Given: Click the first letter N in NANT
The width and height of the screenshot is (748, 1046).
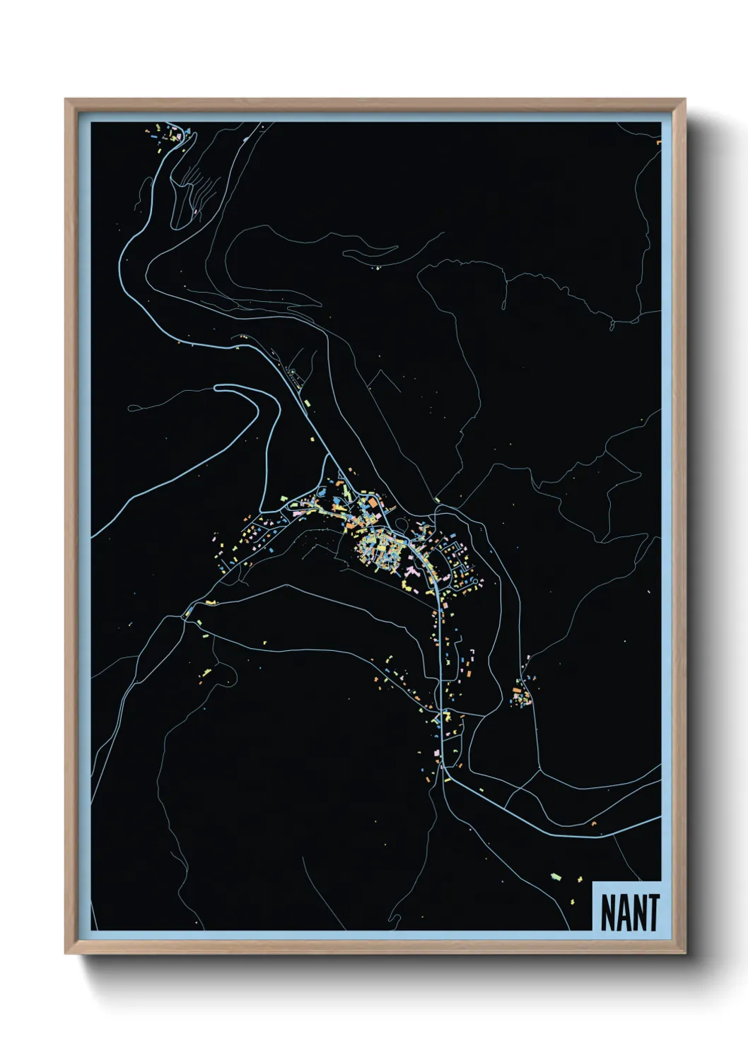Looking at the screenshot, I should tap(607, 912).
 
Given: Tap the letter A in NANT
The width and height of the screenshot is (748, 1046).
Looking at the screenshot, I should tap(621, 912).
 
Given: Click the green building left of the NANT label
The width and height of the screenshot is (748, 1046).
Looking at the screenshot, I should tap(556, 877).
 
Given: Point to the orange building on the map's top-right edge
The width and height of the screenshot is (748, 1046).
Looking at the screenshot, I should tap(658, 142).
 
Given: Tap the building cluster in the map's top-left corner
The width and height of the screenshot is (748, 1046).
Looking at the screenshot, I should tap(170, 134).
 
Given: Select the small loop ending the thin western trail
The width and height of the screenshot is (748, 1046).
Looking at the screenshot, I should tap(132, 408).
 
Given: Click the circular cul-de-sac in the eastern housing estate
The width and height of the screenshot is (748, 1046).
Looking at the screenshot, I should tap(475, 582).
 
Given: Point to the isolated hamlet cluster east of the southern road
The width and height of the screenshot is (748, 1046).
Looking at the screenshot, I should tap(522, 695).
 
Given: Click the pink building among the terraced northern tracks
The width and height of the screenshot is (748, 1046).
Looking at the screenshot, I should tap(194, 211).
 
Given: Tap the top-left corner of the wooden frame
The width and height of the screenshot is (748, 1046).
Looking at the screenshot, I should tap(66, 100).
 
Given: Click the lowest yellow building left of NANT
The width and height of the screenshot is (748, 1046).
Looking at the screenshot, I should tap(572, 902).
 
